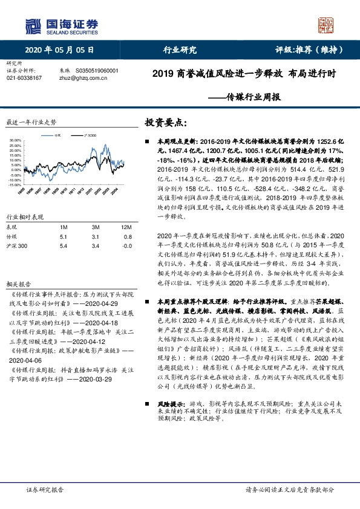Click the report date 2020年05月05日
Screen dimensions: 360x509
point(60,50)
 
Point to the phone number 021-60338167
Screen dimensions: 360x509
point(24,78)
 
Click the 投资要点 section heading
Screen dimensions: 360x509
point(162,122)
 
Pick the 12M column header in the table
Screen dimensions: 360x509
point(125,227)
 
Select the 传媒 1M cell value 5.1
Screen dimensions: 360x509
point(65,237)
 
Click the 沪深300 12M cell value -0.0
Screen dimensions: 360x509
point(126,247)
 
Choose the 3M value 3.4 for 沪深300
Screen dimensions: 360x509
point(95,247)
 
